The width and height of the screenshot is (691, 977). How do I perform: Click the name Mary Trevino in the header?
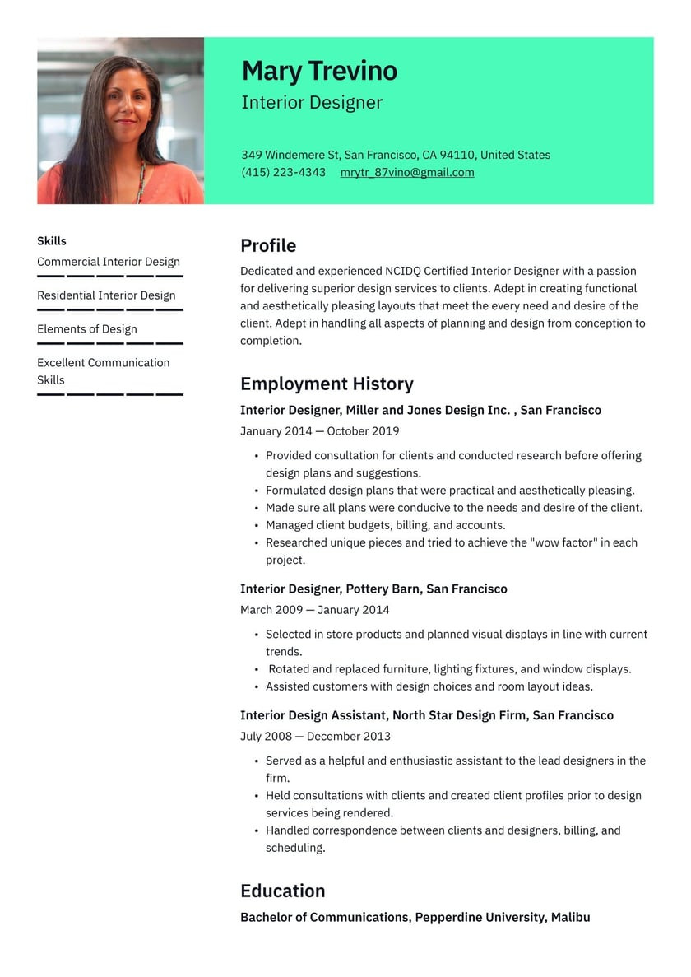[319, 71]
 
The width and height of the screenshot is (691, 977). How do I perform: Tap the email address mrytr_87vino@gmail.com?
[407, 172]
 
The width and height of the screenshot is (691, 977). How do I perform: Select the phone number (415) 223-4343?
[283, 172]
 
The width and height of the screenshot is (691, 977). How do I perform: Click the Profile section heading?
[268, 245]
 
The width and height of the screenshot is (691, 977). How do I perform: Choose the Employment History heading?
[327, 384]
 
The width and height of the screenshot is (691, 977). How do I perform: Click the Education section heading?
[282, 891]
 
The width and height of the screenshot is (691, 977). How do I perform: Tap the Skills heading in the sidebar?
[52, 241]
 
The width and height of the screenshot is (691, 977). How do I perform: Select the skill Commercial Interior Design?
[109, 262]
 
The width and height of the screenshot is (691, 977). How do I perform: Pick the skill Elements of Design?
[87, 329]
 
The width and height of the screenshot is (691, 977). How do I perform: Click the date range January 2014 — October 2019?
[319, 431]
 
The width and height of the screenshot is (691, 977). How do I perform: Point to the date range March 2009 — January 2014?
[314, 610]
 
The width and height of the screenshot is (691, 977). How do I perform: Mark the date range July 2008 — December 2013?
[315, 736]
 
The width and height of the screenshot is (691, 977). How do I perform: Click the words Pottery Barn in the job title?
[382, 589]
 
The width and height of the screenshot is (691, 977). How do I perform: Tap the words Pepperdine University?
[479, 917]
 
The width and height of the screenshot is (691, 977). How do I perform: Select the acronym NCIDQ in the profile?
[406, 271]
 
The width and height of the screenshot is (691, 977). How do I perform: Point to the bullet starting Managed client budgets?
[385, 525]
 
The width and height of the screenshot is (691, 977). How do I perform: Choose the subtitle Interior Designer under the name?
[312, 103]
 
